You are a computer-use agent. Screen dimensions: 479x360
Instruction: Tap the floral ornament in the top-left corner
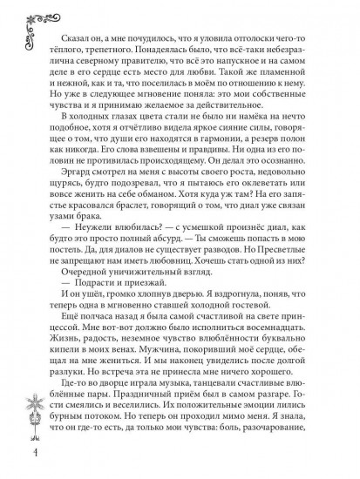pyautogui.click(x=19, y=27)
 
